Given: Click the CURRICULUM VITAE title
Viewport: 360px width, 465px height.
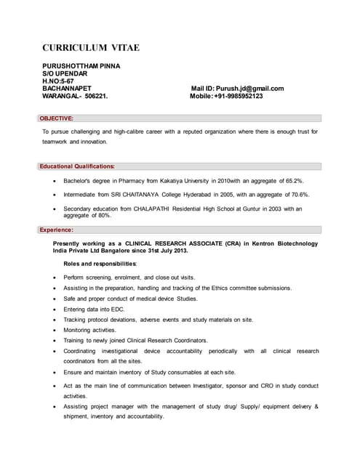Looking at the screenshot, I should (90, 48).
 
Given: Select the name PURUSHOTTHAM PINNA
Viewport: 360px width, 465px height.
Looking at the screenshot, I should (81, 66).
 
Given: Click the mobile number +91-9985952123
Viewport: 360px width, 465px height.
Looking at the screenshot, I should (239, 96).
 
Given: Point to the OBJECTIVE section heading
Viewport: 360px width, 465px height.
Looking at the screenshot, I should (56, 118).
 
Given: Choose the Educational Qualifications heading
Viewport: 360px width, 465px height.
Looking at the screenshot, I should (77, 166).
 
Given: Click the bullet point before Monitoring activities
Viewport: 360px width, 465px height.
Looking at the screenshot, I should (55, 330).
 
